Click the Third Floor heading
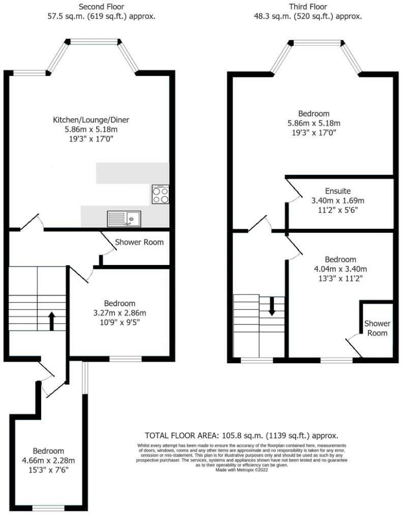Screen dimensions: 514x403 point(308,7)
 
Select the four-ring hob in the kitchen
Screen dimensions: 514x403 point(160,195)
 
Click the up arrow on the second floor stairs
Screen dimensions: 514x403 point(51,321)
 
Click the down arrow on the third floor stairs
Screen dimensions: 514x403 point(272,305)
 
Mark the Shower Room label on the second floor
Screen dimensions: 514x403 point(139,242)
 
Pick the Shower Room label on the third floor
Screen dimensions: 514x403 point(377,328)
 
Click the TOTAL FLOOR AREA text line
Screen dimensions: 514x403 point(241,436)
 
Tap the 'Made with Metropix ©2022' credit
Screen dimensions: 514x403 point(242,470)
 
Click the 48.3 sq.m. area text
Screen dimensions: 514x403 point(279,16)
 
